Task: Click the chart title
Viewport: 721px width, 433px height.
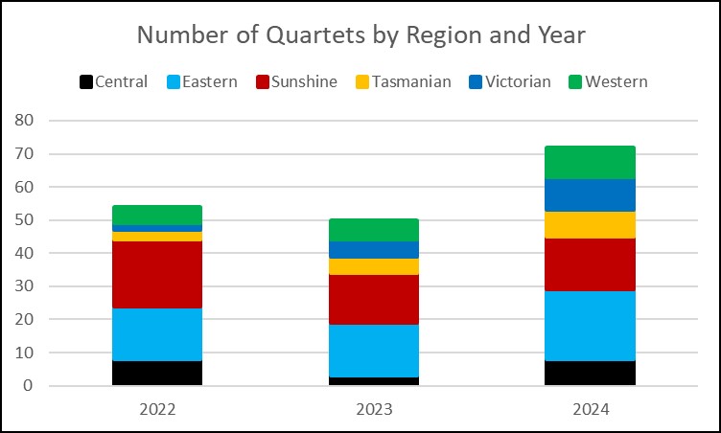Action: pos(360,35)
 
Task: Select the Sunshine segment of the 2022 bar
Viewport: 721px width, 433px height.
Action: pos(157,274)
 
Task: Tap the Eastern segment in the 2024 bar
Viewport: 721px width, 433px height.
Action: pos(591,326)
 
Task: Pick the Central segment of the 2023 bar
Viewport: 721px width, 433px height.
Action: pos(374,381)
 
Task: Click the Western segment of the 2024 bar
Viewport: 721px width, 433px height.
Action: pos(591,162)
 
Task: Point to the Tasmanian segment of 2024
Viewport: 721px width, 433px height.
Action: pos(591,224)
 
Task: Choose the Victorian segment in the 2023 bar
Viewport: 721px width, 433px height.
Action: pos(374,249)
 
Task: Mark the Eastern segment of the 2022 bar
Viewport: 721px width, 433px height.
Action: pos(157,334)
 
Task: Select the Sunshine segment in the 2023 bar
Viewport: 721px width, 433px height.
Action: pos(374,299)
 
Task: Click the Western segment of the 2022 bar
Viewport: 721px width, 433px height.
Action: pos(157,215)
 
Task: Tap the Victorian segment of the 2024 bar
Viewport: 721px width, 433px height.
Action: pos(591,194)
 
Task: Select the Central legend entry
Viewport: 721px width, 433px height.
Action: pos(112,81)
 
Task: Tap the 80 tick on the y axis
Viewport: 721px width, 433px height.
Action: pos(25,121)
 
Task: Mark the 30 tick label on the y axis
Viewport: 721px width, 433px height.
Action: pos(25,286)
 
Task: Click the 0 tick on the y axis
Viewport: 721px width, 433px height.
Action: pos(29,386)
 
